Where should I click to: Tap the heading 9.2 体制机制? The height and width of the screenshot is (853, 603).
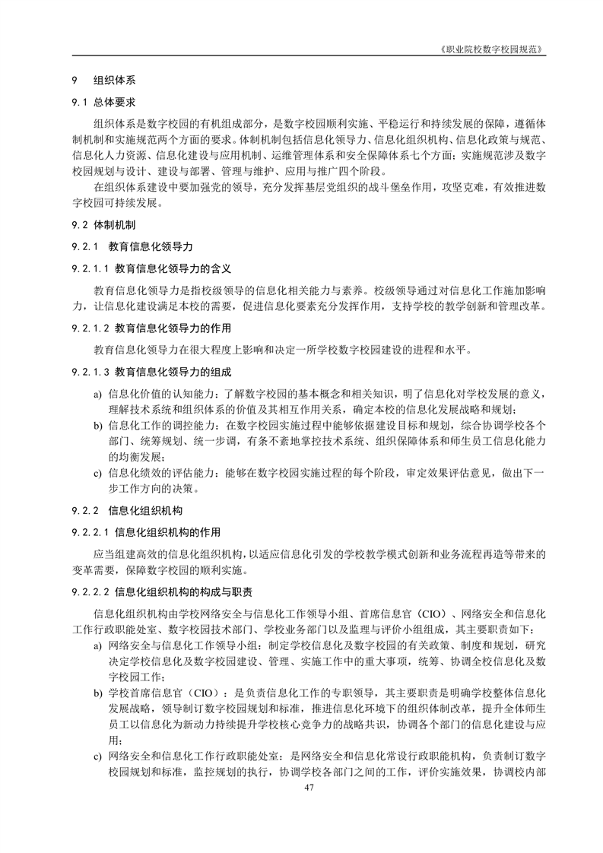(x=104, y=226)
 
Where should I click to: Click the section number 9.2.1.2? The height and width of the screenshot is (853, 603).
(x=90, y=328)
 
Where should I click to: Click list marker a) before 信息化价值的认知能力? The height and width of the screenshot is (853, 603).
(x=97, y=394)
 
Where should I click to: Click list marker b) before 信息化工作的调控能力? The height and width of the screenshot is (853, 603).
(x=97, y=424)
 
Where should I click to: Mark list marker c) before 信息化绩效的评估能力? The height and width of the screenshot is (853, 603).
(x=97, y=473)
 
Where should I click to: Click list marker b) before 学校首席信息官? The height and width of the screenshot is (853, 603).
(x=97, y=694)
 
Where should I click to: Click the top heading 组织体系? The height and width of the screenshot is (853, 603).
(x=115, y=80)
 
